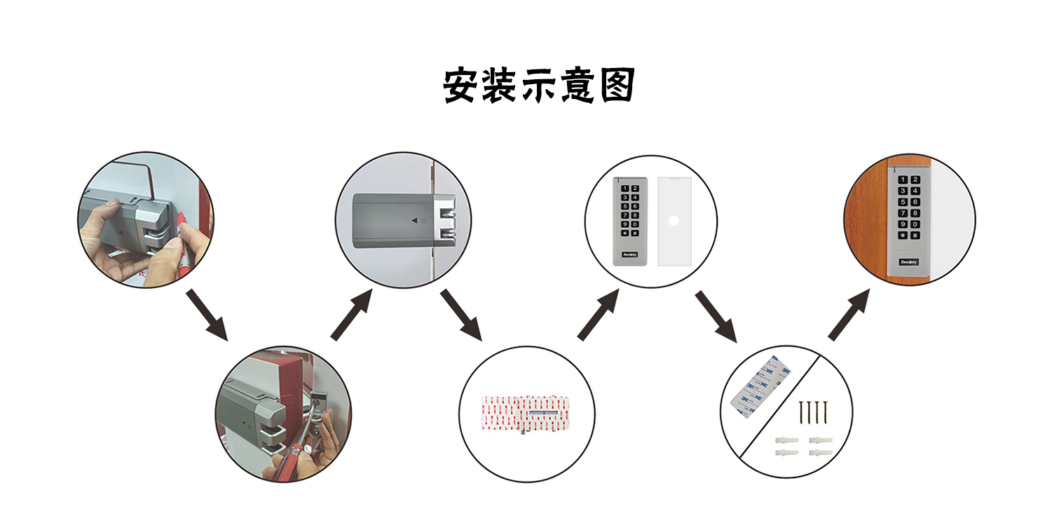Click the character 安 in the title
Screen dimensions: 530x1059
click(461, 86)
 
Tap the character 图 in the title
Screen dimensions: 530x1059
click(617, 86)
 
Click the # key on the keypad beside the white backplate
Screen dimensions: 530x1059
click(634, 233)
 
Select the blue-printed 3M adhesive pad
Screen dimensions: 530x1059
click(757, 389)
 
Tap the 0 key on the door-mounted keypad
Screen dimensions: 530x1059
click(915, 225)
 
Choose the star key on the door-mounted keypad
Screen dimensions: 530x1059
click(903, 236)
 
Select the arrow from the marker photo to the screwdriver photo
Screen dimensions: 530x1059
click(207, 313)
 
